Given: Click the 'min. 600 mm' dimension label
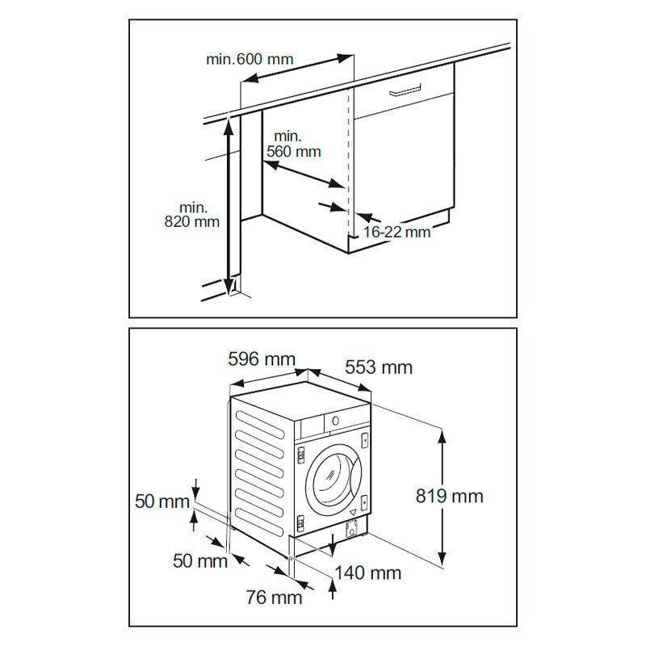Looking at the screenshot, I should [250, 59].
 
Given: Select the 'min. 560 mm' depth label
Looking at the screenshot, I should [297, 143].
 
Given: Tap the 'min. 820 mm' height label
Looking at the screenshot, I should [191, 214].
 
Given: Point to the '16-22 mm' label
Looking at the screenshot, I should [396, 233].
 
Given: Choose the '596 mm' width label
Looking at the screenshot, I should [262, 359].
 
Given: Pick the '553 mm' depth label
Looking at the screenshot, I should [379, 367].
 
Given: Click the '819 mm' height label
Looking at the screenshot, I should [450, 496].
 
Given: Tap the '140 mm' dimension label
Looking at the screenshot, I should [368, 573].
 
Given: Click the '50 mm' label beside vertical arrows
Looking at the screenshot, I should [161, 501].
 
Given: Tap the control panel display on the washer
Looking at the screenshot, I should [334, 421].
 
